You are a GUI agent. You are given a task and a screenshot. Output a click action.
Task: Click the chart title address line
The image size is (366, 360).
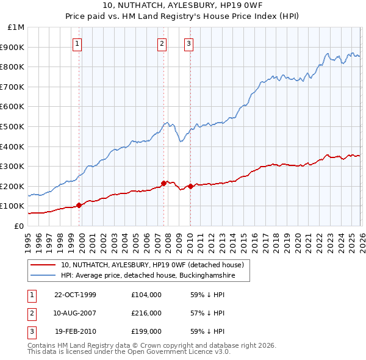pyautogui.click(x=183, y=5)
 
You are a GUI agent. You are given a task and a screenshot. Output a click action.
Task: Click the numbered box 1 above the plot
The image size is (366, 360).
pyautogui.click(x=78, y=43)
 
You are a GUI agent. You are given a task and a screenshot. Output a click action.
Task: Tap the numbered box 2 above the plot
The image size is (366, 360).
pyautogui.click(x=162, y=43)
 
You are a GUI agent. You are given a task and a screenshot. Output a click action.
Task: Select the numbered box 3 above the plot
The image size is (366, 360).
pyautogui.click(x=189, y=43)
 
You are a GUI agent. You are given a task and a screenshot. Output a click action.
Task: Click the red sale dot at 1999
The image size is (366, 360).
pyautogui.click(x=79, y=205)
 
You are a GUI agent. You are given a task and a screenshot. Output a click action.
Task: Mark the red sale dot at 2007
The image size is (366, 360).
pyautogui.click(x=163, y=183)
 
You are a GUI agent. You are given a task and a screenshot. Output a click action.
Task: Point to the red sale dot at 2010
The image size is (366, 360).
pyautogui.click(x=190, y=186)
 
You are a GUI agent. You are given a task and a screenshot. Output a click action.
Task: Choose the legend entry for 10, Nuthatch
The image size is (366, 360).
pyautogui.click(x=152, y=265)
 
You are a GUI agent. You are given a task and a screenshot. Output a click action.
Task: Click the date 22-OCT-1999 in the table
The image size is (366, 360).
pyautogui.click(x=75, y=294)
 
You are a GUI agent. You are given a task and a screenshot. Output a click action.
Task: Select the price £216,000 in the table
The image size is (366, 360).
pyautogui.click(x=146, y=313)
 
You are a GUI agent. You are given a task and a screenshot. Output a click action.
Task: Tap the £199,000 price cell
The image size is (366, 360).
pyautogui.click(x=146, y=332)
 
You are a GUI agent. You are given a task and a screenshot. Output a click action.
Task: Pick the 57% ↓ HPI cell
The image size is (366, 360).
pyautogui.click(x=208, y=313)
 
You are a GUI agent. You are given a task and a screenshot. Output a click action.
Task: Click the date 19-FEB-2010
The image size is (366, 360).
pyautogui.click(x=75, y=332)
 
